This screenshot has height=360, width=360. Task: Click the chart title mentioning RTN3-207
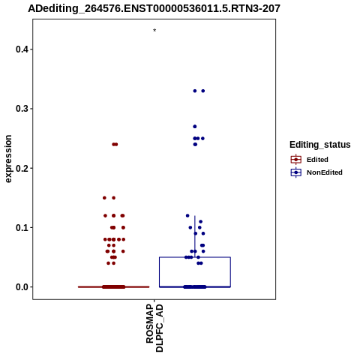pos(154,8)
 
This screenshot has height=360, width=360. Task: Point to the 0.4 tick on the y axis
pos(31,49)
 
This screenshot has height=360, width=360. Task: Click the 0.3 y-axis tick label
pos(22,109)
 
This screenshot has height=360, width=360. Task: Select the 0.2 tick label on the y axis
pos(22,168)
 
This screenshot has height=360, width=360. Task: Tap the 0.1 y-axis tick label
pos(22,228)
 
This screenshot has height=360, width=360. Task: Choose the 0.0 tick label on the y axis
pos(22,287)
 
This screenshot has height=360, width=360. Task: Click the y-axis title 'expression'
pos(8,159)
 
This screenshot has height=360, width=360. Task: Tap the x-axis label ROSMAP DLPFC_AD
pos(154,328)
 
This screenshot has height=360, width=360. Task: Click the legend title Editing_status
pos(320,145)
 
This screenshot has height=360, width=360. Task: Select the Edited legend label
pos(317,160)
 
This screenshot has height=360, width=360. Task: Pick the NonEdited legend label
pos(325,172)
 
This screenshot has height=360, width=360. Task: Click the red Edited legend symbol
pos(296,160)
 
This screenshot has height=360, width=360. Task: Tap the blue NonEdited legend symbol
pos(296,172)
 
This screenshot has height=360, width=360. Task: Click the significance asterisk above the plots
pos(154,31)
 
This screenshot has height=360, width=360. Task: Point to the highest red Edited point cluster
pos(115,144)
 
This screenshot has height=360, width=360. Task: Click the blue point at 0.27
pos(195,127)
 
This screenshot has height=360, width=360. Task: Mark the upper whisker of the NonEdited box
pos(195,236)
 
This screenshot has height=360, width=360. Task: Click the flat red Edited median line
pos(114,287)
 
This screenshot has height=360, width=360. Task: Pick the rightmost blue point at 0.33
pos(203,91)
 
